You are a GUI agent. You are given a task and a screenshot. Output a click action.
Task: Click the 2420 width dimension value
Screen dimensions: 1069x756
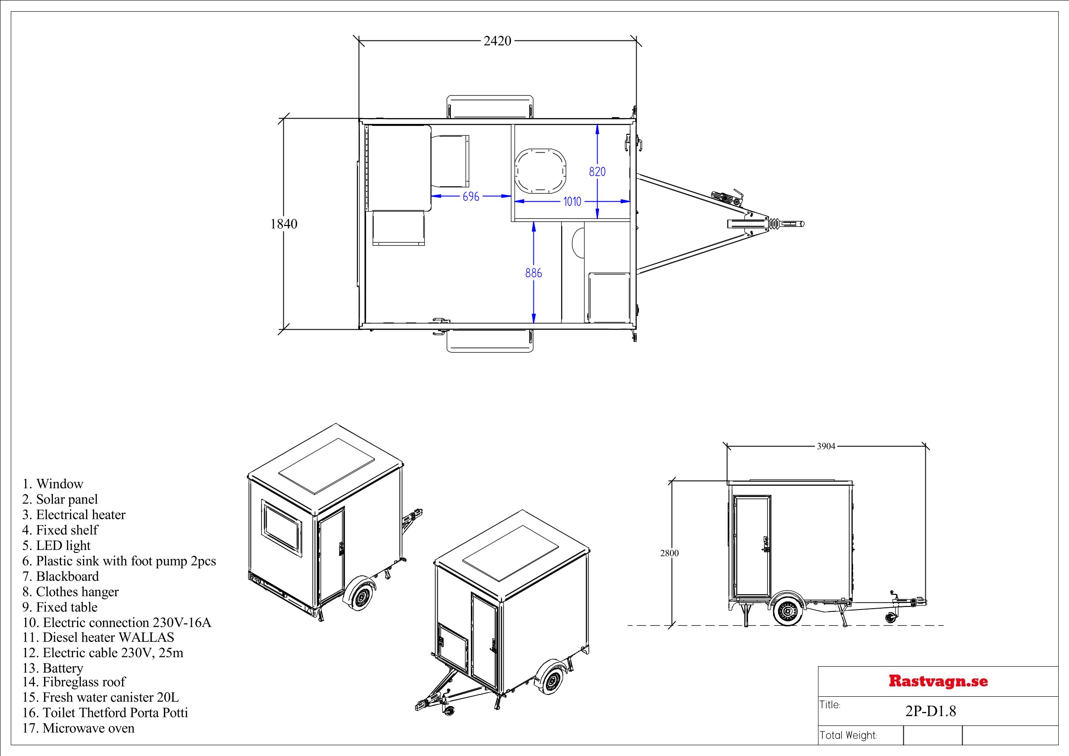click(x=497, y=41)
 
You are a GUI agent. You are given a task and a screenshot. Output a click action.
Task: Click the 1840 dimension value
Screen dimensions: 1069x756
click(x=284, y=224)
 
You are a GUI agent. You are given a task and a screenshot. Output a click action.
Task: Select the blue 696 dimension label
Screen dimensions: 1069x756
click(x=471, y=197)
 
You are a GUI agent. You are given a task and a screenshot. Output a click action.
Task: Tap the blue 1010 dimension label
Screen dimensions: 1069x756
click(x=572, y=202)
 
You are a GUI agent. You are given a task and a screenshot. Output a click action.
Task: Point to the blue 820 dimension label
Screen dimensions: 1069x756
click(x=597, y=172)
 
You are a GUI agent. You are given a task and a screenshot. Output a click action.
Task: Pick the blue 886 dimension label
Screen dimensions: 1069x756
click(x=533, y=273)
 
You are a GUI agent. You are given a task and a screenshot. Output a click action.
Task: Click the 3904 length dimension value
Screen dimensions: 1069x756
click(x=826, y=446)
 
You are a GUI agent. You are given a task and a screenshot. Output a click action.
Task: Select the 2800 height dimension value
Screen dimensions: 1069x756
click(x=669, y=553)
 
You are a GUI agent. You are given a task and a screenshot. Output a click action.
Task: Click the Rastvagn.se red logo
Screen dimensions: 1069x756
click(x=938, y=681)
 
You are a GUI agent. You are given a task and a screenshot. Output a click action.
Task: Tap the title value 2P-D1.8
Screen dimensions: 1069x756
click(x=930, y=711)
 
